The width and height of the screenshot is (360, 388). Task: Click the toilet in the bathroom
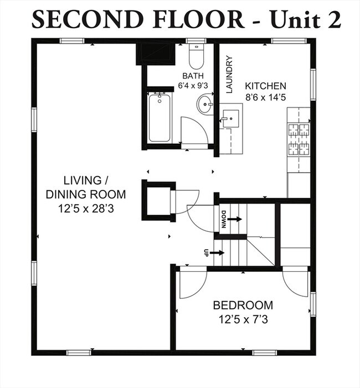coord(196,56)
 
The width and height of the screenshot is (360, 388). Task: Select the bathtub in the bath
coord(160,118)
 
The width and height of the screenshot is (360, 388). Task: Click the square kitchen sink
coord(231,118)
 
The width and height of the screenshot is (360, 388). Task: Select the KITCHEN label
coord(266,86)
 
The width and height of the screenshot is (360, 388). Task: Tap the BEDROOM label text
coord(243,305)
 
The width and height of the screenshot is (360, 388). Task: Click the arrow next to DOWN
coord(234,219)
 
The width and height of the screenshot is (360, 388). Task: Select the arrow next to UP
coord(217,253)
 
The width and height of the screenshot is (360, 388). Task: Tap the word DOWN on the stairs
coord(224,219)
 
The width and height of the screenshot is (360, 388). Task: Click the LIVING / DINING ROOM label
coord(85,187)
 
